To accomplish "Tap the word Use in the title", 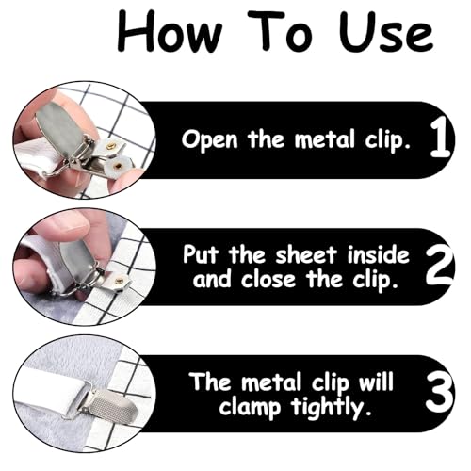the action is pyautogui.click(x=386, y=31).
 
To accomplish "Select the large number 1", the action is pyautogui.click(x=440, y=138).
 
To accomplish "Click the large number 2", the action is pyautogui.click(x=440, y=266).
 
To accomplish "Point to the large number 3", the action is pyautogui.click(x=440, y=393).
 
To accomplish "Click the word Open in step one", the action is pyautogui.click(x=210, y=140).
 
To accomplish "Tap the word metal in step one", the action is pyautogui.click(x=325, y=138).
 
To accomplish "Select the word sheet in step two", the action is pyautogui.click(x=306, y=254).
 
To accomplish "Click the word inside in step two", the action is pyautogui.click(x=379, y=254).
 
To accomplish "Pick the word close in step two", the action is pyautogui.click(x=268, y=280).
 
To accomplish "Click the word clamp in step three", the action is pyautogui.click(x=250, y=408).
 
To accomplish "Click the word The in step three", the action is pyautogui.click(x=210, y=382).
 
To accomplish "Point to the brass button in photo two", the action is pyautogui.click(x=119, y=280).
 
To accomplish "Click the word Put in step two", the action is pyautogui.click(x=201, y=254).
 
